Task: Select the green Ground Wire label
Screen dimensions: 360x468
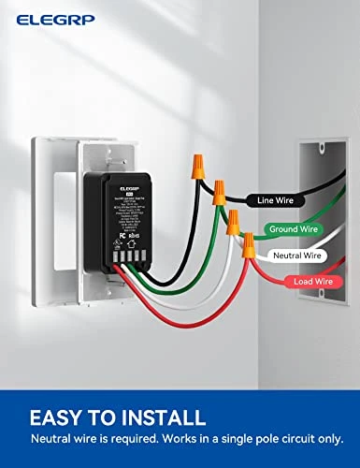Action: tap(293, 228)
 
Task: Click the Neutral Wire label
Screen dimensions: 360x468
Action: tap(296, 255)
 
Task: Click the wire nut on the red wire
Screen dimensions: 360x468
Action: tap(249, 246)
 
